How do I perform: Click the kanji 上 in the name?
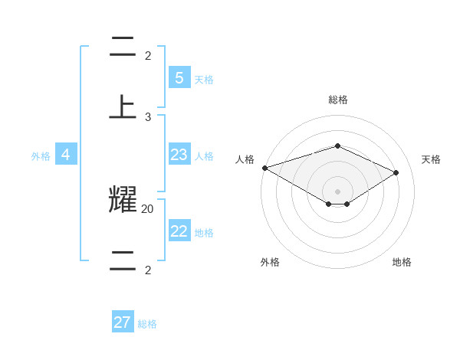[x=123, y=107]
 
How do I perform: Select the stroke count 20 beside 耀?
[x=148, y=208]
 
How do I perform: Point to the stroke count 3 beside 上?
[x=148, y=117]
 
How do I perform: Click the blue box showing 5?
[x=179, y=77]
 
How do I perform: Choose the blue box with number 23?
[x=179, y=155]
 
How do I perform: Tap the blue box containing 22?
[x=179, y=231]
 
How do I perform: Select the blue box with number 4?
[x=66, y=155]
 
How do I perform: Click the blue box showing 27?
[x=123, y=322]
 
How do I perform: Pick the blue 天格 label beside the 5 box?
[x=204, y=80]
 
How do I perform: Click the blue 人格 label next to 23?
[x=204, y=156]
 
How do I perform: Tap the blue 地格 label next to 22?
[x=204, y=233]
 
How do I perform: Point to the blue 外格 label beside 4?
[x=41, y=156]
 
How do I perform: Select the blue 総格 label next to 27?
[x=147, y=324]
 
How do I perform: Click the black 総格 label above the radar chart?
[x=337, y=100]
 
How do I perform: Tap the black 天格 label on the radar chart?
[x=432, y=159]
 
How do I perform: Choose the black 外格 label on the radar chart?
[x=270, y=262]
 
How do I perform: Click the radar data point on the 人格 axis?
[x=264, y=168]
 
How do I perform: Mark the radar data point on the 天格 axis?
[x=396, y=172]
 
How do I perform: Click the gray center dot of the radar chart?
[x=337, y=191]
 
